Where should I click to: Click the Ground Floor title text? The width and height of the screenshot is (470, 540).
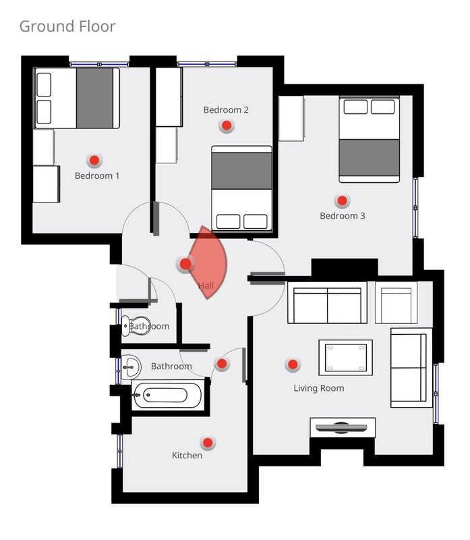(67, 26)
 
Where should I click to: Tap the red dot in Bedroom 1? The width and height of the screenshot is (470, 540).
(94, 160)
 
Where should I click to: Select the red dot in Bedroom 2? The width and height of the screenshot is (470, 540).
(227, 126)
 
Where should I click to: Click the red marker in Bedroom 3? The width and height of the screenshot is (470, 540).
(342, 200)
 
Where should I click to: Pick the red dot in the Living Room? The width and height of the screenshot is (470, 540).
(293, 364)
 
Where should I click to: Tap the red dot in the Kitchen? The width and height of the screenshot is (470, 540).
(208, 443)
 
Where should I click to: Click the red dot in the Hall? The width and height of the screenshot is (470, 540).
(185, 264)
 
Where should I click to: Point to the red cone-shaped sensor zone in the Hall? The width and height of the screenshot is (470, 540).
(209, 263)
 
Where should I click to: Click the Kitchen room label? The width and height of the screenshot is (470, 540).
(187, 455)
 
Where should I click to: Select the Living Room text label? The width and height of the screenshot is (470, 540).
(318, 388)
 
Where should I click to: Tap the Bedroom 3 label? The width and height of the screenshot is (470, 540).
(343, 216)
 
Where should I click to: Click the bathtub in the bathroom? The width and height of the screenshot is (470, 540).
(167, 396)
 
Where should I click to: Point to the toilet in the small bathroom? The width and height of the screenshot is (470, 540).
(134, 326)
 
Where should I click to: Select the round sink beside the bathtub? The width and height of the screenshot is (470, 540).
(131, 367)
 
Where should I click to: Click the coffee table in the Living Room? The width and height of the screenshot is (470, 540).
(345, 358)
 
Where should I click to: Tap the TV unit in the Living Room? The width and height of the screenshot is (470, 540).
(343, 428)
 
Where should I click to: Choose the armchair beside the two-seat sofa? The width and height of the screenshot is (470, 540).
(396, 302)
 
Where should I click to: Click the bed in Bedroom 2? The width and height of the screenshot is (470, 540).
(241, 188)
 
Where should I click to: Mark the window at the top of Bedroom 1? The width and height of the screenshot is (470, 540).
(99, 64)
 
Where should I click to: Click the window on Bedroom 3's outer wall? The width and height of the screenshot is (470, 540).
(415, 208)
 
